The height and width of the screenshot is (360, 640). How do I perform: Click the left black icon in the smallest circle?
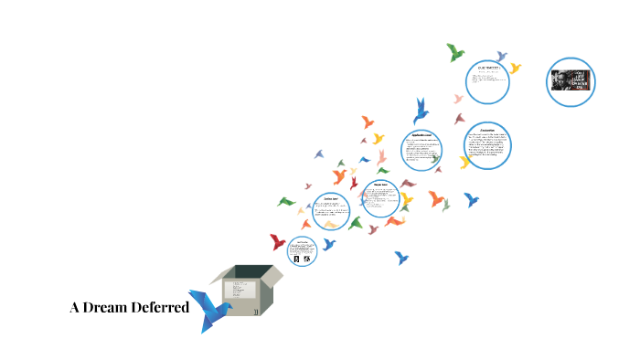point(297,259)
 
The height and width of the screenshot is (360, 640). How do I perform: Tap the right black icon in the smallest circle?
point(307,259)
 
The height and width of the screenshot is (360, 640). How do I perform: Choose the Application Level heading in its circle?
point(428,136)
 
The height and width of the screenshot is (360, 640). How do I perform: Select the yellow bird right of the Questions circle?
point(515,68)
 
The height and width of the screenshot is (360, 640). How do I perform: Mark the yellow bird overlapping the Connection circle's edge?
point(465,161)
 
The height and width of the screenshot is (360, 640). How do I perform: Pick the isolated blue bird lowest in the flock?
point(401,258)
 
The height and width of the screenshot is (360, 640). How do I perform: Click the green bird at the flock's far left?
point(286,201)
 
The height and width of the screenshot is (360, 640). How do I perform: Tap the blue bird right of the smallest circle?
point(328,244)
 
